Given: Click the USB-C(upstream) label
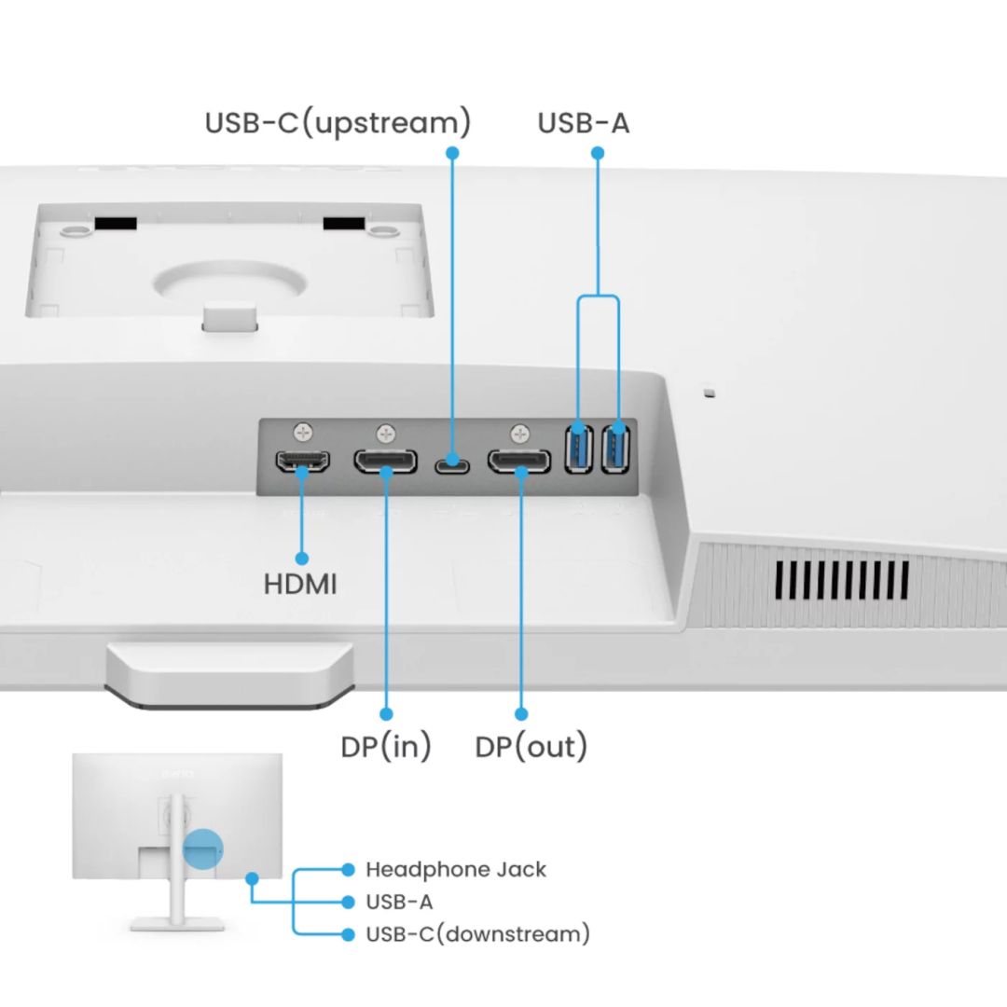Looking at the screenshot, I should [x=338, y=123].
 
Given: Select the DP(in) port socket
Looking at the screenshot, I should [x=385, y=461].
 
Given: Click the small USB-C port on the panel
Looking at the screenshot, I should [x=452, y=461].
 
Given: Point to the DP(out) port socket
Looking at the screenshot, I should [x=519, y=461].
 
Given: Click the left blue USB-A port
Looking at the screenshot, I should [x=579, y=448].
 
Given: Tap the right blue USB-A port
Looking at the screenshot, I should [x=615, y=448].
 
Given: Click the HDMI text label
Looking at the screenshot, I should [x=300, y=586].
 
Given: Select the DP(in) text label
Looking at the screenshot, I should [x=386, y=747].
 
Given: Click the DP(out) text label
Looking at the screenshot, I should [x=531, y=747].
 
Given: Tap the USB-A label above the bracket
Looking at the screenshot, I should [x=584, y=123].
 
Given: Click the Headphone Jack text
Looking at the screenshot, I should [x=455, y=870].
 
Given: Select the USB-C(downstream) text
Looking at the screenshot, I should [x=477, y=933].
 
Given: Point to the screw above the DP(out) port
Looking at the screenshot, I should [x=519, y=432].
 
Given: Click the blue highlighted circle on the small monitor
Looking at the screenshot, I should [x=203, y=848].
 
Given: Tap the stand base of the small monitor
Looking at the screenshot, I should [x=176, y=923].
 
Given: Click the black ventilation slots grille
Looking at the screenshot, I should [x=842, y=580].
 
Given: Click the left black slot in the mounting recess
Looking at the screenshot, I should [x=115, y=224].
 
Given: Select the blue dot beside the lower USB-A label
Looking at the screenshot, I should [x=348, y=902].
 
